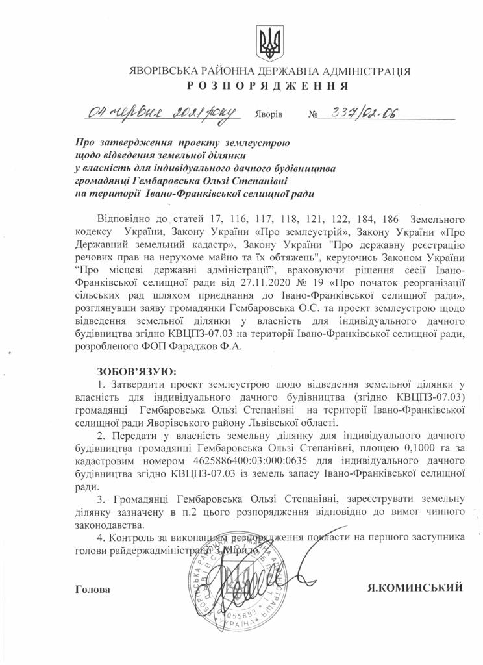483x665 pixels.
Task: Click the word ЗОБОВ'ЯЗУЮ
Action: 136,372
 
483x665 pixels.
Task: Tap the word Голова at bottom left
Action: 93,589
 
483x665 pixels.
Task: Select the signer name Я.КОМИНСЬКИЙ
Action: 414,588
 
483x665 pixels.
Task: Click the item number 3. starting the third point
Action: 101,498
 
